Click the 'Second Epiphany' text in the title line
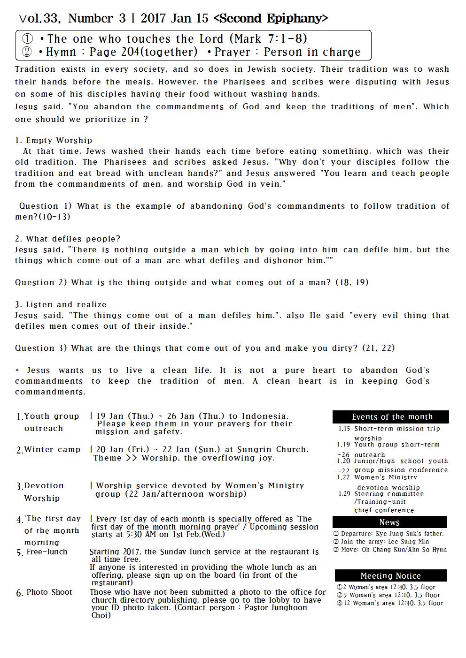click(271, 19)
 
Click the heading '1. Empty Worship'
click(54, 140)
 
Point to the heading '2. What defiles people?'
click(68, 239)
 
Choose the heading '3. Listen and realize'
click(61, 304)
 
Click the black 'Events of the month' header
click(391, 416)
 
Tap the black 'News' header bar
click(389, 522)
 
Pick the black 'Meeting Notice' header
click(390, 575)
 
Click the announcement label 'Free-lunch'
click(47, 552)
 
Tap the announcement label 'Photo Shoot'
click(49, 592)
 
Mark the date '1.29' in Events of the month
click(344, 493)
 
